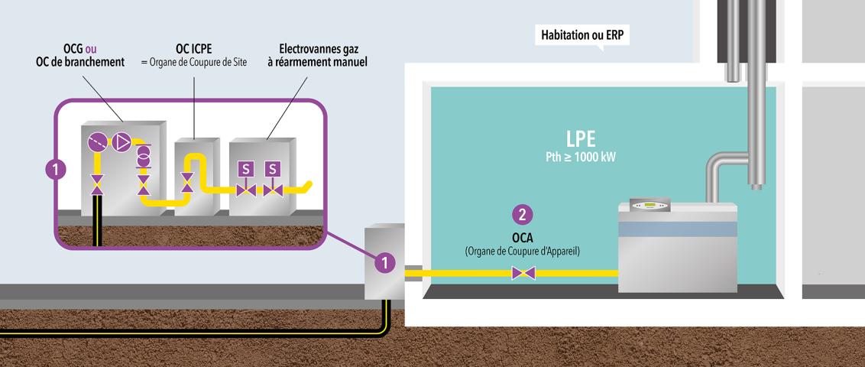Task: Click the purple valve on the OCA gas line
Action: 523,272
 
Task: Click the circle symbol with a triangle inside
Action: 121,142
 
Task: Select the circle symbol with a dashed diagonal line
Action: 96,142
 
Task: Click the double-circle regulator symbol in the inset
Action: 142,155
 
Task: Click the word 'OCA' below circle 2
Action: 522,238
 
